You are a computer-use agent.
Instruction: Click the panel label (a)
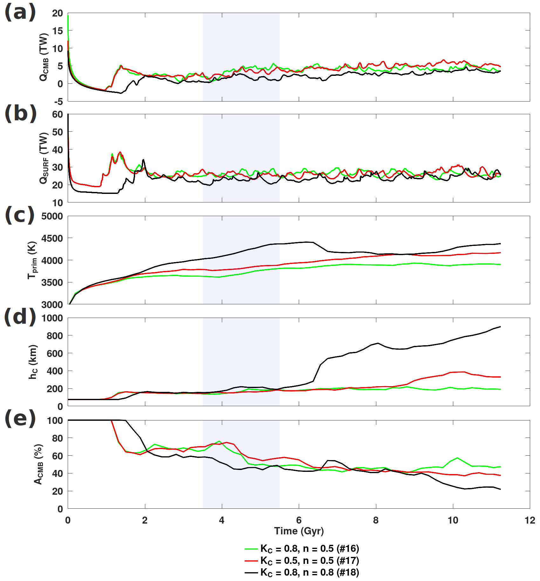click(x=20, y=13)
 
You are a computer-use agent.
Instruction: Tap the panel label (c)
click(x=20, y=215)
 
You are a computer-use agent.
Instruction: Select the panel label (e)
click(x=20, y=419)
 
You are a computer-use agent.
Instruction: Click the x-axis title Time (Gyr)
click(x=299, y=531)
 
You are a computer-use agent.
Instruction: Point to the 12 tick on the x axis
click(x=530, y=520)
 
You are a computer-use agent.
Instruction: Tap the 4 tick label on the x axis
click(x=222, y=520)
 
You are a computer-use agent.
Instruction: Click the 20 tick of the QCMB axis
click(x=58, y=13)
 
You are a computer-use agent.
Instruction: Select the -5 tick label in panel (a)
click(x=58, y=102)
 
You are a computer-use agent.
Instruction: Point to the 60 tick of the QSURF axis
click(x=58, y=115)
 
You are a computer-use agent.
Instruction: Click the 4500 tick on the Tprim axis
click(x=52, y=238)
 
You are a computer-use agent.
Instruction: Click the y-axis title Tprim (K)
click(x=32, y=260)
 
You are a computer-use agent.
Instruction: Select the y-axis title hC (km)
click(x=33, y=362)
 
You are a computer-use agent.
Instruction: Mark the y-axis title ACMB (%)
click(x=38, y=464)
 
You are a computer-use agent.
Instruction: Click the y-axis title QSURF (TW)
click(x=44, y=158)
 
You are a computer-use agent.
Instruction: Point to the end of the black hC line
click(x=501, y=327)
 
